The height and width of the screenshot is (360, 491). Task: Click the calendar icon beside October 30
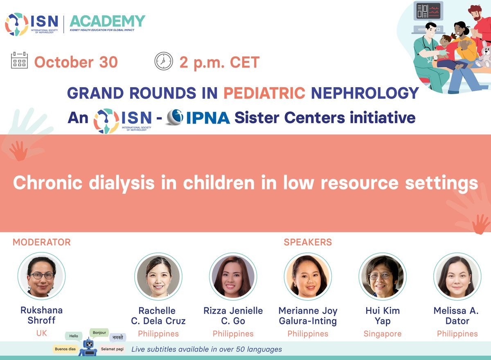click(x=19, y=60)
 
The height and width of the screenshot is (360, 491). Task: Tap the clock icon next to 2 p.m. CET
click(x=164, y=61)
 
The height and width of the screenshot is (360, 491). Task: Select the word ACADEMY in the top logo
click(x=107, y=21)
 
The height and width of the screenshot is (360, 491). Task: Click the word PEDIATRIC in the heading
click(x=264, y=93)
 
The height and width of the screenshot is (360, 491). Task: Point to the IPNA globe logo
click(x=175, y=117)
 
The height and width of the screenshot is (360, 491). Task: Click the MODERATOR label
click(x=42, y=242)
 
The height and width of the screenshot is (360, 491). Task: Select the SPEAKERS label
click(x=308, y=242)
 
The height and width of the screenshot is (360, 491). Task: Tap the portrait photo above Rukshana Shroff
click(x=41, y=276)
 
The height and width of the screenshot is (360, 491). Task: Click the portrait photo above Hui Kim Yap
click(x=383, y=276)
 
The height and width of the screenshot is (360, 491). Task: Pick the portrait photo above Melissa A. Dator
click(x=457, y=276)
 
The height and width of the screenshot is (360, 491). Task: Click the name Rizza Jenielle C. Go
click(x=233, y=316)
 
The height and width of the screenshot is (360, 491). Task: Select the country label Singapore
click(x=383, y=334)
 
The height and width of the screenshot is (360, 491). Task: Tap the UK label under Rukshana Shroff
click(x=41, y=333)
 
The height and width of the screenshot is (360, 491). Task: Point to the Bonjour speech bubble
click(x=99, y=333)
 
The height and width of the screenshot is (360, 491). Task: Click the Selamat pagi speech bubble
click(x=112, y=349)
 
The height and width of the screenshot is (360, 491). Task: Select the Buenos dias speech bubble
click(x=65, y=349)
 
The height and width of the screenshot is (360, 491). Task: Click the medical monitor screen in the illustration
click(x=428, y=11)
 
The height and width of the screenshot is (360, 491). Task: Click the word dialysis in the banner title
click(x=122, y=183)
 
